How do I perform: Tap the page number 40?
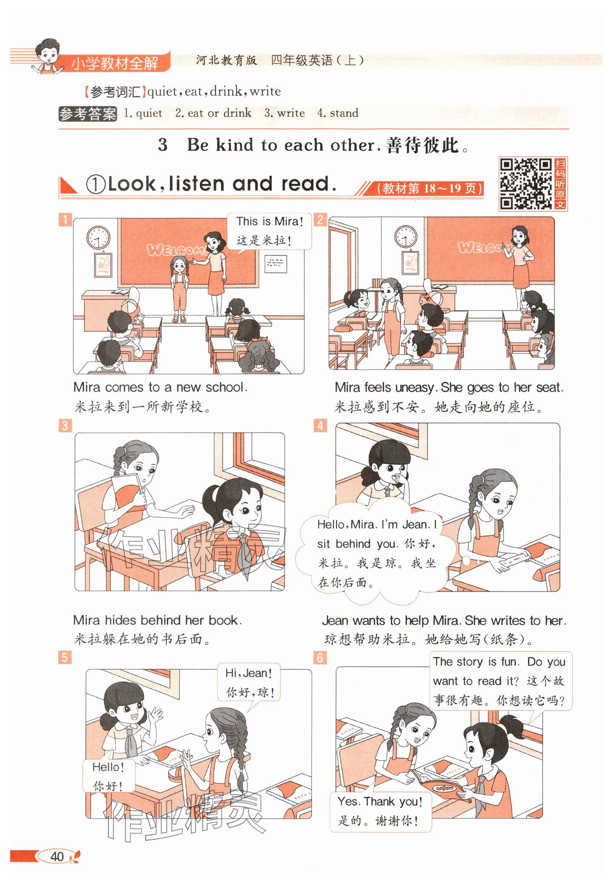point(57,856)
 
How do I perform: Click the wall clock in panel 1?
point(98,237)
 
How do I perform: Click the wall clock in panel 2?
point(406,236)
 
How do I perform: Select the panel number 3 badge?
point(65,425)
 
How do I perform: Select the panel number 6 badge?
point(320,658)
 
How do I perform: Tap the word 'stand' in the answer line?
point(344,113)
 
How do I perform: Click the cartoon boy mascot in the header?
point(47,56)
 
